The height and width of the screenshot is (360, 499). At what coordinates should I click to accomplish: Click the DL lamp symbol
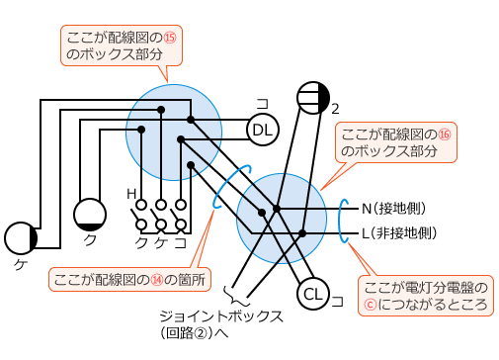(x=263, y=130)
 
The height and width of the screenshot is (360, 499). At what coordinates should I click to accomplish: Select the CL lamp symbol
(x=313, y=294)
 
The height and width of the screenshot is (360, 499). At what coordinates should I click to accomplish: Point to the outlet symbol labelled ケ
(x=21, y=238)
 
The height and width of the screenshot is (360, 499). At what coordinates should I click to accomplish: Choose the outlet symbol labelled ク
(x=90, y=215)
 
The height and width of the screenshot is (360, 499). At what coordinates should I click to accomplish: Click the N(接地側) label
(x=392, y=209)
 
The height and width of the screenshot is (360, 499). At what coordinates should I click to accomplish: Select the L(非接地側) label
(x=398, y=233)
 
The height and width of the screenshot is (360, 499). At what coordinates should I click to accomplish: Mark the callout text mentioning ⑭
(x=130, y=279)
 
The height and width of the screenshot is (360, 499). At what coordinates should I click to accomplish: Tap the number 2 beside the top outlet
(x=336, y=108)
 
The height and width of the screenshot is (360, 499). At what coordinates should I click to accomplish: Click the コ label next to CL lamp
(x=337, y=299)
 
